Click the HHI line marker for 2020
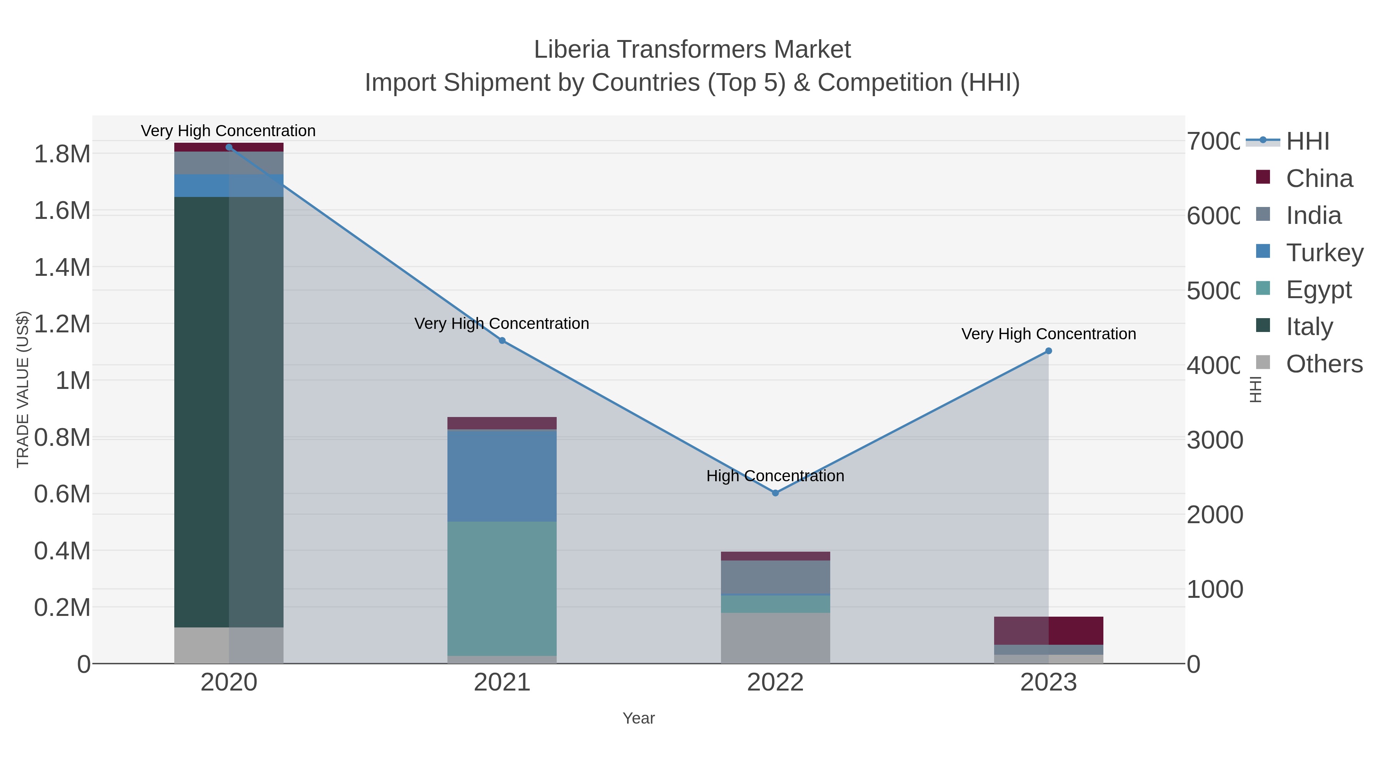point(229,147)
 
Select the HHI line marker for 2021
point(502,340)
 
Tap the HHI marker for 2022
point(775,493)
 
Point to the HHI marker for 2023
point(1048,351)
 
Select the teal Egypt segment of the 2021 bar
point(502,588)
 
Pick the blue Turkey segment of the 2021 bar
point(502,476)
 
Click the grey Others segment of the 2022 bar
point(775,638)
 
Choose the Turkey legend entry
point(1324,253)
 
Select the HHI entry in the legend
point(1307,142)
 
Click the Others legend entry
point(1324,364)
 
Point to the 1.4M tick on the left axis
point(62,268)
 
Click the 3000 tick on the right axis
point(1215,440)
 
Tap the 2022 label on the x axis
point(775,683)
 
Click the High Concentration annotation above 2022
point(775,476)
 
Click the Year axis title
point(638,718)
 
